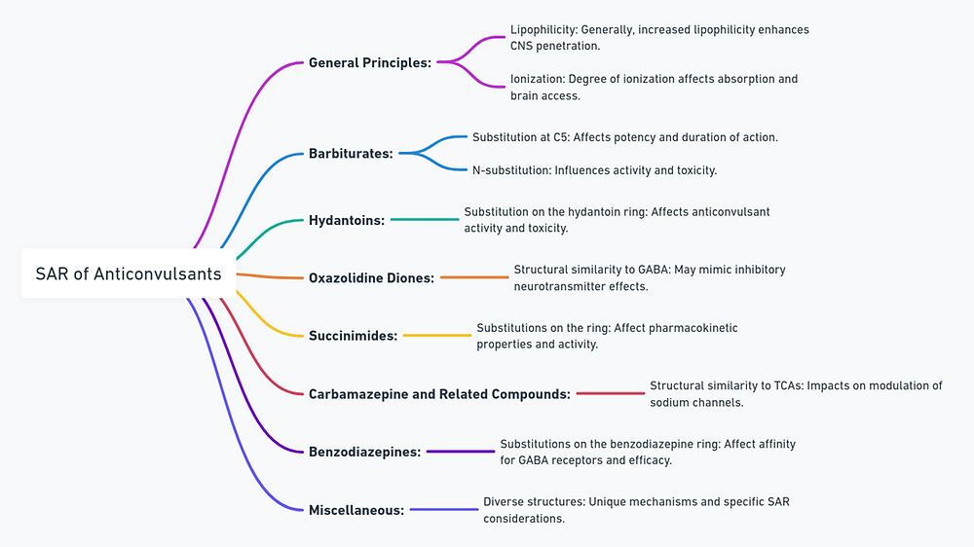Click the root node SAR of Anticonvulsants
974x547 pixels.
(x=129, y=273)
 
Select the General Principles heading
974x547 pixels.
(x=369, y=62)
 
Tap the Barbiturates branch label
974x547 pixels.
(x=351, y=153)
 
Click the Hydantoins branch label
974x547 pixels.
(x=347, y=220)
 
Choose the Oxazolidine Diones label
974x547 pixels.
(x=371, y=277)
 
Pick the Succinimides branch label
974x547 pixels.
(x=353, y=335)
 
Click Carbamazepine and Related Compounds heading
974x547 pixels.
(x=439, y=394)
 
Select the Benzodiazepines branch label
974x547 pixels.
(x=364, y=452)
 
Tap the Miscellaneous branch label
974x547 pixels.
(x=356, y=509)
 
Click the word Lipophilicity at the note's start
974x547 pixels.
(x=542, y=30)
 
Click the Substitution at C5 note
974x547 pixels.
(x=624, y=137)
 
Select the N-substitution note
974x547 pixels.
(x=594, y=170)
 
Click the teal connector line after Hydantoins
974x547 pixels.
(x=425, y=220)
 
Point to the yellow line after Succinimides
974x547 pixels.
(x=436, y=335)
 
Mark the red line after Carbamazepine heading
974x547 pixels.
(x=611, y=393)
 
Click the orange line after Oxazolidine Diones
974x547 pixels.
(x=474, y=277)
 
